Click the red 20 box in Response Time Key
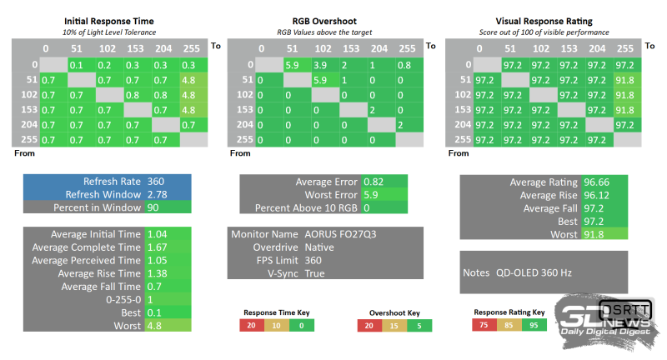[251, 326]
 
